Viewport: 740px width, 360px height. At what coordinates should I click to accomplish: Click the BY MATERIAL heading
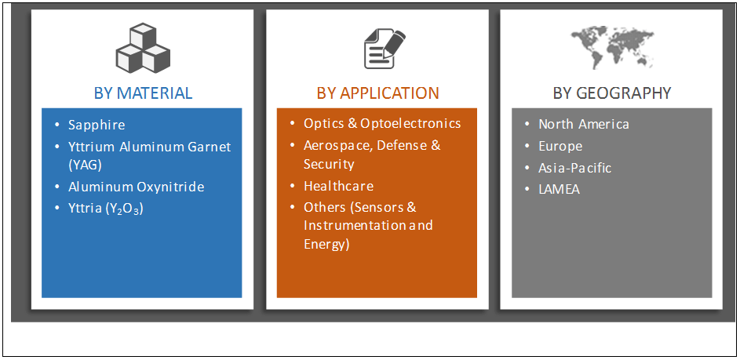coord(143,93)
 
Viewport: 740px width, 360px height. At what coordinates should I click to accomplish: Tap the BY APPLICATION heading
coord(377,93)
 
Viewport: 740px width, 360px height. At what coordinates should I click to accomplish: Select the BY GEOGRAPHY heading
coord(612,93)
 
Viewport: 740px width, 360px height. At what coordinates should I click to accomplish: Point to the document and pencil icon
coord(383,48)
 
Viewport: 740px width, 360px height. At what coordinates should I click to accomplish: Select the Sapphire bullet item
coord(97,125)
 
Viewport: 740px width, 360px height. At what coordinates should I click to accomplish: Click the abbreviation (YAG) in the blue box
coord(85,165)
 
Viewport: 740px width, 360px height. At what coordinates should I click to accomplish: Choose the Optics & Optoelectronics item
coord(382,123)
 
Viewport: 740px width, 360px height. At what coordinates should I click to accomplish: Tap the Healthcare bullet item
coord(338,186)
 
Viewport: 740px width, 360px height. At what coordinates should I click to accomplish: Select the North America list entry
coord(584,124)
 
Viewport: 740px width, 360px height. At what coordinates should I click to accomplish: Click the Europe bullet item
coord(560,146)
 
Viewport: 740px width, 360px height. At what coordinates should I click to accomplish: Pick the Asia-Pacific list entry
coord(574,168)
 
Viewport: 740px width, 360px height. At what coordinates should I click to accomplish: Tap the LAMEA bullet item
coord(559,189)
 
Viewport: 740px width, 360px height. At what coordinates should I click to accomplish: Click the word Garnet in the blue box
coord(210,147)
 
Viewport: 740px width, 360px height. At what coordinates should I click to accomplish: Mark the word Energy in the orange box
coord(325,244)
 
